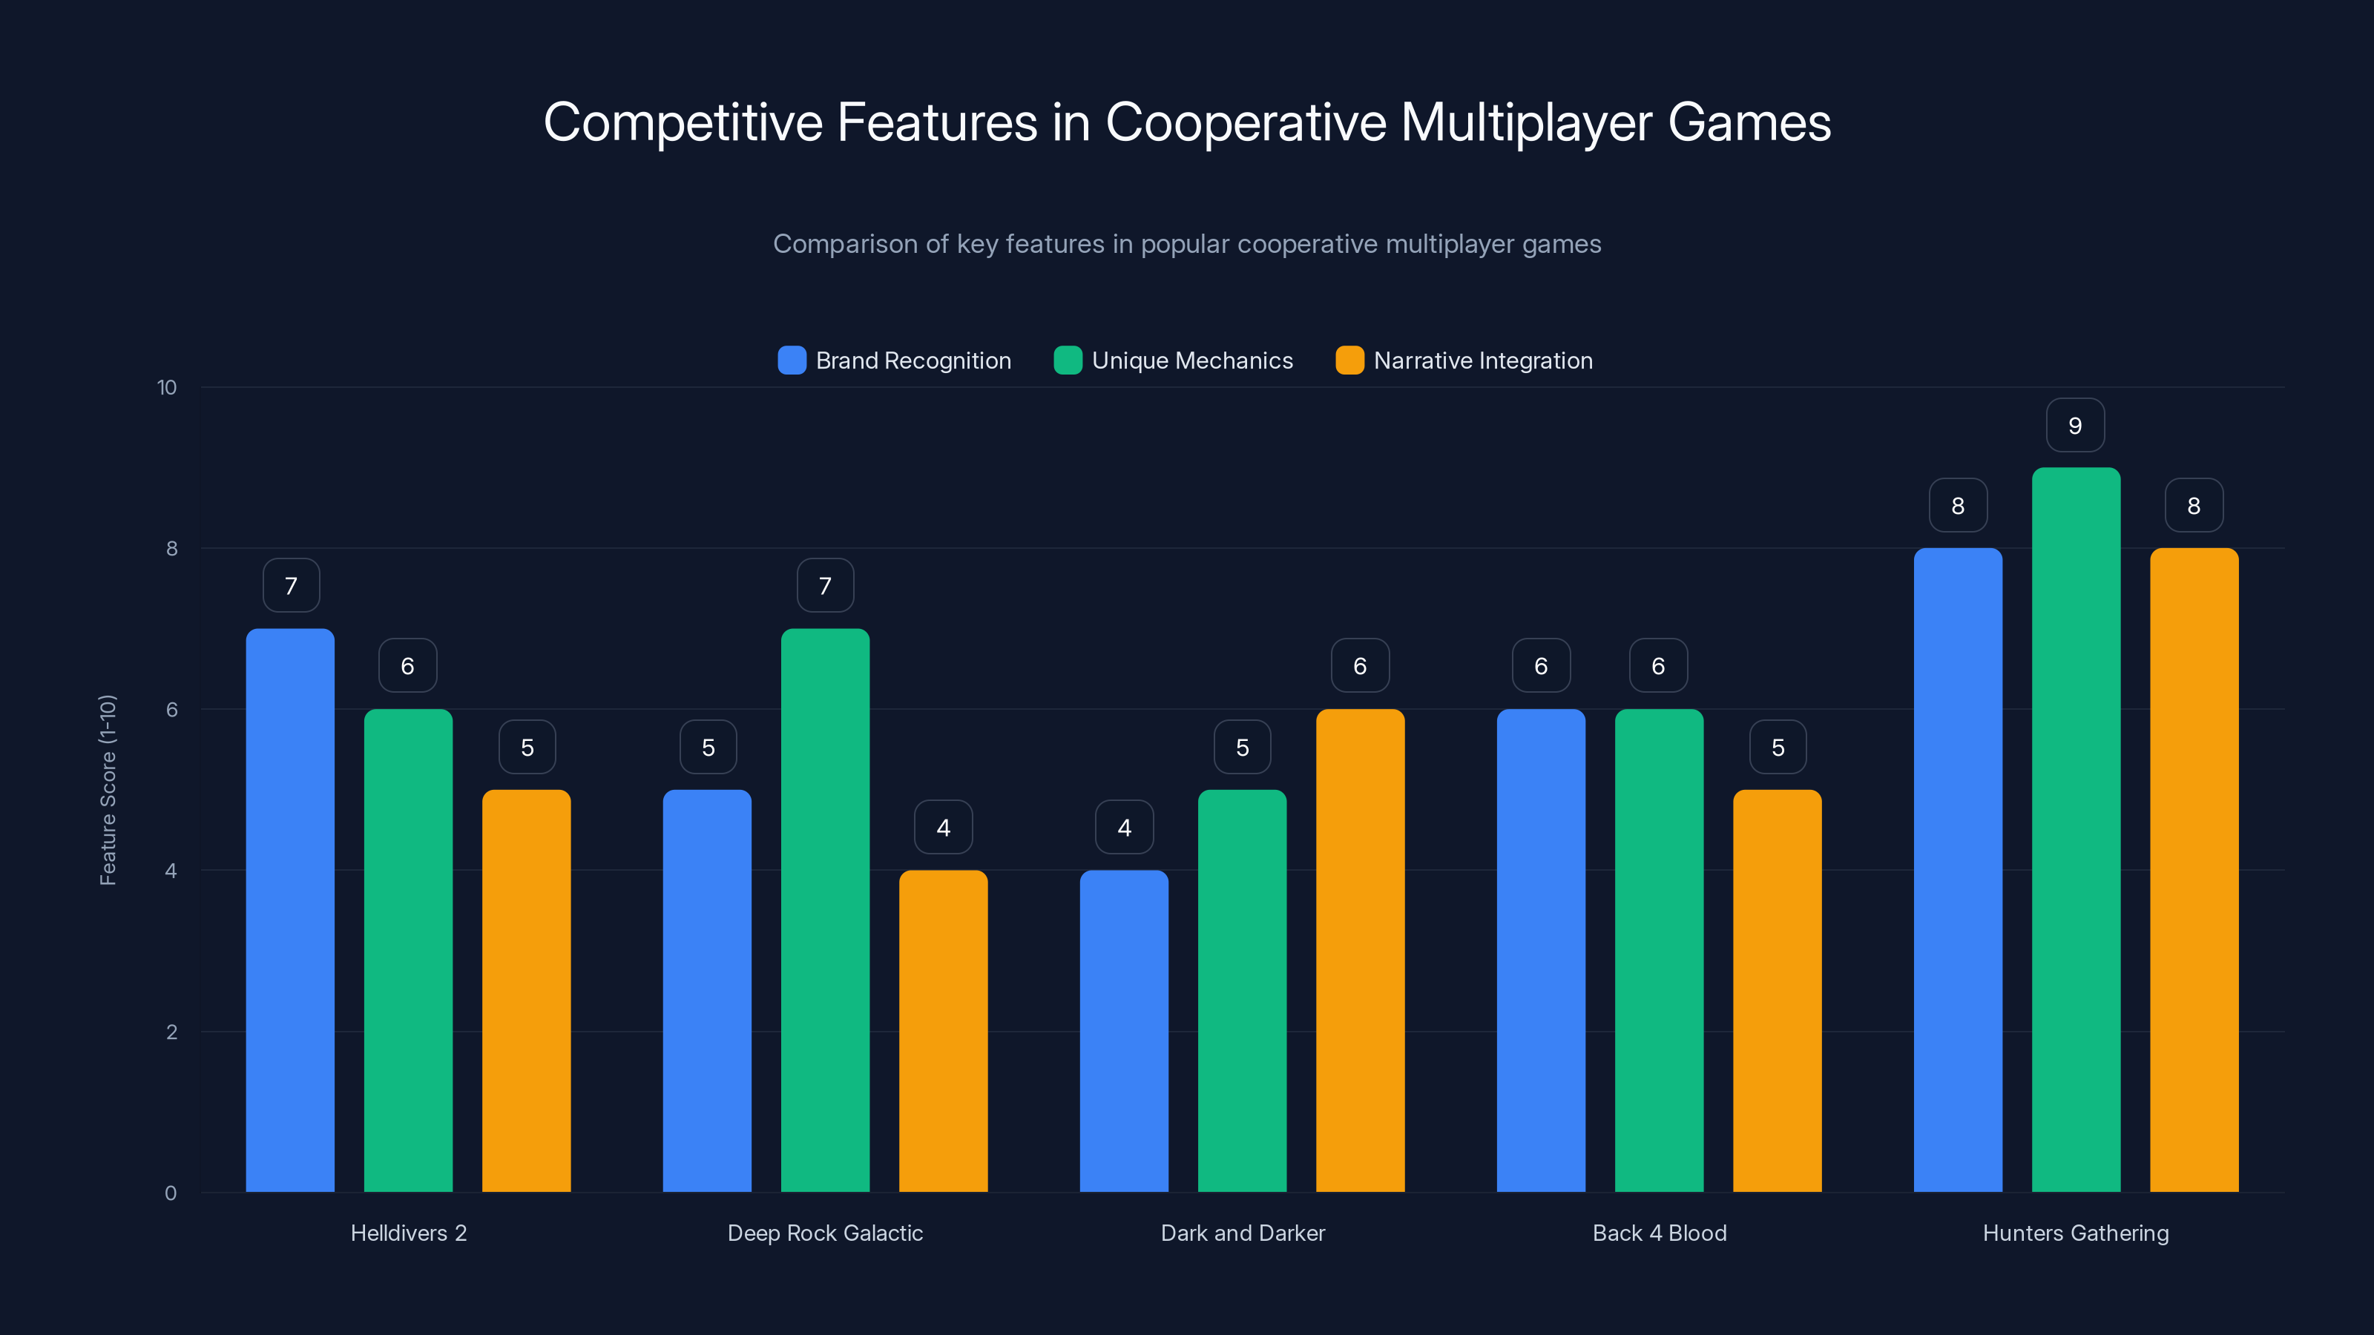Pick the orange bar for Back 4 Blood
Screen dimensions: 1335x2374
pyautogui.click(x=1777, y=990)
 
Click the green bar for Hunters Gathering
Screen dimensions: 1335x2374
pyautogui.click(x=2076, y=829)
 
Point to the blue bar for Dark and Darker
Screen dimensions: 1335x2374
pyautogui.click(x=1123, y=1031)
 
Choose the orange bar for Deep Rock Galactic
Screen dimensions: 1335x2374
pyautogui.click(x=943, y=1031)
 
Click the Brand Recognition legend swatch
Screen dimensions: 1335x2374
pyautogui.click(x=792, y=360)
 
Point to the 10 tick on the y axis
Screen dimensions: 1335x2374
pyautogui.click(x=167, y=388)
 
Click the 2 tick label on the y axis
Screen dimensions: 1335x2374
pyautogui.click(x=171, y=1032)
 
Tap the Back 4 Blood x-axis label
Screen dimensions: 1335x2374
pyautogui.click(x=1659, y=1233)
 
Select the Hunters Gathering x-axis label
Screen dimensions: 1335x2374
pyautogui.click(x=2076, y=1233)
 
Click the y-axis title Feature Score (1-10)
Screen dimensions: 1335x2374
pyautogui.click(x=108, y=790)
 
